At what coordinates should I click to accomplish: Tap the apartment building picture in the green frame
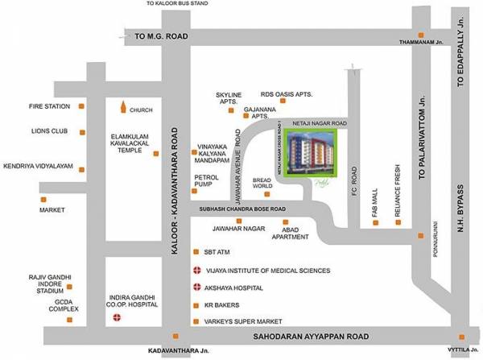click(x=305, y=155)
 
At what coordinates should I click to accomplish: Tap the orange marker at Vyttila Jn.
click(x=460, y=337)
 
